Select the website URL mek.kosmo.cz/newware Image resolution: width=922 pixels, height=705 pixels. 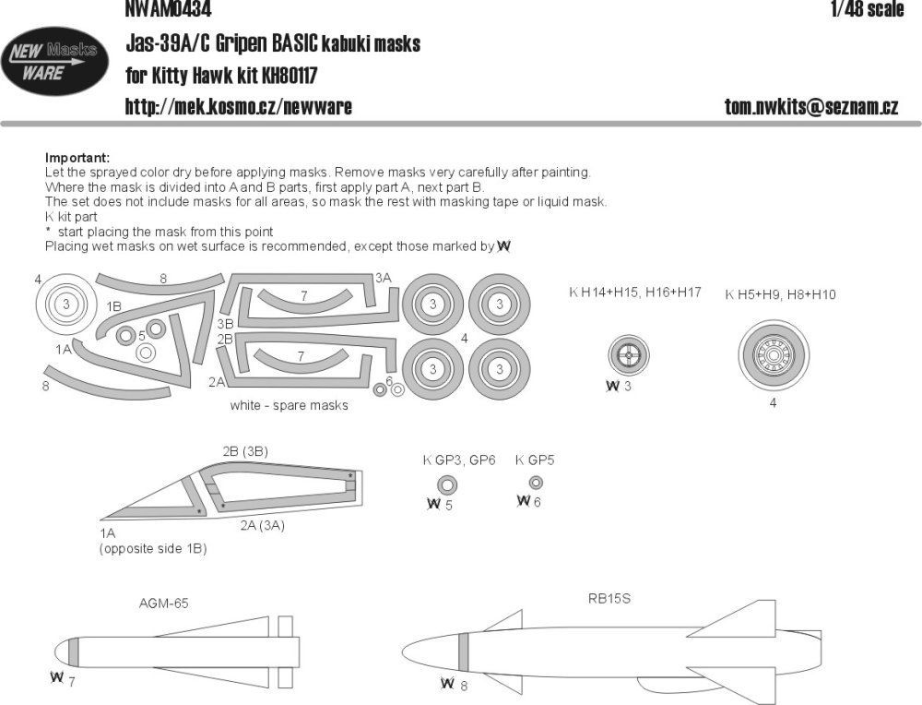[238, 107]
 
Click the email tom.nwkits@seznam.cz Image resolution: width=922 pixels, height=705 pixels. [811, 107]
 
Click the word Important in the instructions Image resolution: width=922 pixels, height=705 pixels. [77, 158]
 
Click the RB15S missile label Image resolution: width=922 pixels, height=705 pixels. [609, 598]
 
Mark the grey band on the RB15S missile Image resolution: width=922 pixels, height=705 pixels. [464, 653]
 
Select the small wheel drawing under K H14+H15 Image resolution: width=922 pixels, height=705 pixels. [629, 354]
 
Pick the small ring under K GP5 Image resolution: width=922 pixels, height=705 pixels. [536, 483]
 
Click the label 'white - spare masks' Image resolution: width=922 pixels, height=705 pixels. [290, 406]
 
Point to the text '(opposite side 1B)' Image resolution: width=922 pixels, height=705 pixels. [153, 548]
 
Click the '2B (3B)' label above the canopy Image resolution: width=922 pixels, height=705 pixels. [245, 450]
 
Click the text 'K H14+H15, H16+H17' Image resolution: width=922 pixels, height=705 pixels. [635, 293]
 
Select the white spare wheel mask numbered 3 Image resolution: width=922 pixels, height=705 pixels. [67, 304]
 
